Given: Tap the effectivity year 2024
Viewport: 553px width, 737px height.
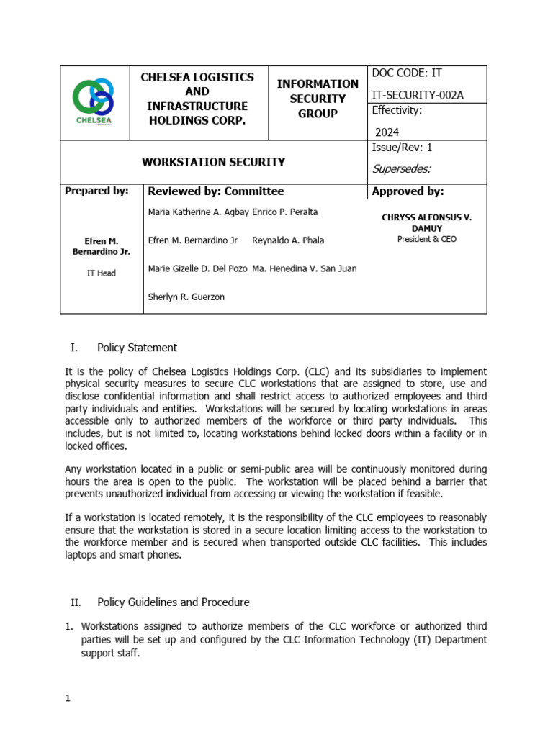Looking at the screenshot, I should [387, 132].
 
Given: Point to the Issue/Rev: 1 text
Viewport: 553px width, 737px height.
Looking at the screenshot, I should [402, 148].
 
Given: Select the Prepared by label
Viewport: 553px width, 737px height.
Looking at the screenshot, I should [96, 191].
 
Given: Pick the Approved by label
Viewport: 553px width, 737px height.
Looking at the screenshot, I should [408, 191].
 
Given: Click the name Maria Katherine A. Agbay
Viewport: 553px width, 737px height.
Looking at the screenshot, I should [198, 212].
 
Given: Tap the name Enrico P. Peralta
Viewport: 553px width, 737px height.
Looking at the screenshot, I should [285, 212].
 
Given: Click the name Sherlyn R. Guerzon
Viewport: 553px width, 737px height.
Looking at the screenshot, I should [186, 297].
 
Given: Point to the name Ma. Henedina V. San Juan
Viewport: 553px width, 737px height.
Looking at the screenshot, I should [304, 268].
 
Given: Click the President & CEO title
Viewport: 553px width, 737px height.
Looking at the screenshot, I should [426, 239].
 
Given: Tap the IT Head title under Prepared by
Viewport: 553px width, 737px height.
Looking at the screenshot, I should [101, 273].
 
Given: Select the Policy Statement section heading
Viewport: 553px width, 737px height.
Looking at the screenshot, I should [137, 348].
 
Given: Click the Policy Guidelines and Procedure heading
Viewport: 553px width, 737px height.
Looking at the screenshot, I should [173, 602].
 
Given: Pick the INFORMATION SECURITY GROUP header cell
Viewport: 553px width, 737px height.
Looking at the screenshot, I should [318, 99].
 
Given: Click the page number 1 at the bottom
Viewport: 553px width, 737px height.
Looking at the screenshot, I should [67, 698].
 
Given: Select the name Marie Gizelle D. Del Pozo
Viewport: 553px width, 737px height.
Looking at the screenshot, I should [198, 268].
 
